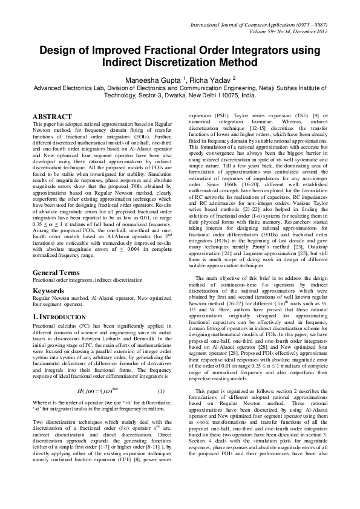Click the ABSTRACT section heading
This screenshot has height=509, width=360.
(52, 116)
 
